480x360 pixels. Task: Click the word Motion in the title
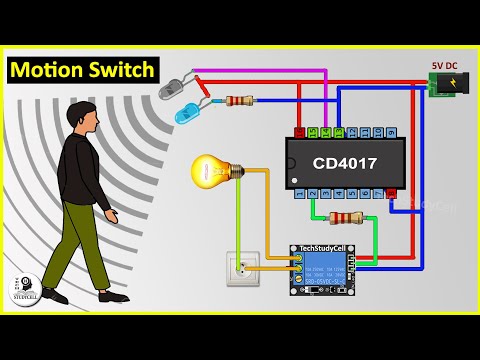tap(49, 70)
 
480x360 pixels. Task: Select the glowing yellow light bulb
tap(214, 171)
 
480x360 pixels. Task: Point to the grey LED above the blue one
tap(171, 87)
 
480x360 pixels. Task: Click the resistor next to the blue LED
tap(239, 100)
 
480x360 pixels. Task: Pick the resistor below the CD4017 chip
tap(345, 217)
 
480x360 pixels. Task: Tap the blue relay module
tap(322, 269)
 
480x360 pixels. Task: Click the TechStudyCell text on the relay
tap(322, 250)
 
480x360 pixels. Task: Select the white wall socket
tap(242, 268)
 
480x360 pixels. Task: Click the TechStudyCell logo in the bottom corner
tap(24, 289)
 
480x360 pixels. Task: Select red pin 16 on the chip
tap(299, 132)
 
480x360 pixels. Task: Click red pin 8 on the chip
tap(391, 194)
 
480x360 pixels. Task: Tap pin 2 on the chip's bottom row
tap(312, 194)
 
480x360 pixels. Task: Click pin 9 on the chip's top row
tap(391, 132)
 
